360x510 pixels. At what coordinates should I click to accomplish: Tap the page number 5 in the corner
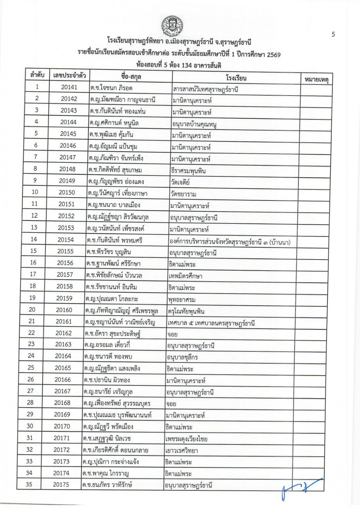[x=333, y=34]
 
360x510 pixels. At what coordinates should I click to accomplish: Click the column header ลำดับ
[x=37, y=76]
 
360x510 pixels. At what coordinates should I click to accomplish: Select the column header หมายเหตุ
[x=316, y=79]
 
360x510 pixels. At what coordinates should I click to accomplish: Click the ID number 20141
[x=69, y=87]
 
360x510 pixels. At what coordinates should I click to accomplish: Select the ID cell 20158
[x=65, y=286]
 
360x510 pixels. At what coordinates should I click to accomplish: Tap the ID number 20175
[x=61, y=484]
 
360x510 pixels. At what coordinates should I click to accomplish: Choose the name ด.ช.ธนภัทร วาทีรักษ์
[x=107, y=485]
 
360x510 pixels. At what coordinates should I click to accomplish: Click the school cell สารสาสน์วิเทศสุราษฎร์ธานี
[x=205, y=89]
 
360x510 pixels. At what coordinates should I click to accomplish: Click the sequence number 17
[x=33, y=274]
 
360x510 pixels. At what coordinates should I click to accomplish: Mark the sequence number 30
[x=30, y=426]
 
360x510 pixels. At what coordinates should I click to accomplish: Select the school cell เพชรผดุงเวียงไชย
[x=186, y=439]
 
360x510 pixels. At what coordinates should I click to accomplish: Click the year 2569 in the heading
[x=274, y=55]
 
